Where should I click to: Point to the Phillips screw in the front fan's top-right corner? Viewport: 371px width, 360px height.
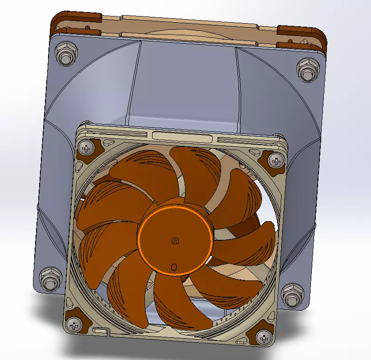click(278, 160)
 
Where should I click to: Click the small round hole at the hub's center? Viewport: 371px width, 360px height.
click(175, 241)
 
